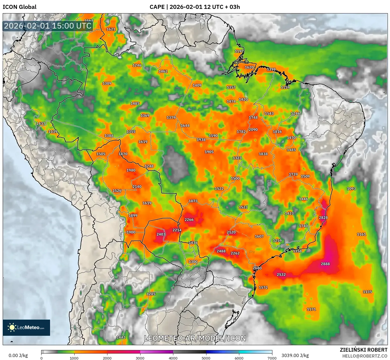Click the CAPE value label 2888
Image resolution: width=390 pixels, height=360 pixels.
click(325, 264)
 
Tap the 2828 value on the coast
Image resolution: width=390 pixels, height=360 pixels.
click(323, 218)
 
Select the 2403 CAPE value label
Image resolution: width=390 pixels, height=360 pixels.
click(161, 234)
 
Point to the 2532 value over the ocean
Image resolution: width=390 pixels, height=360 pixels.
click(281, 275)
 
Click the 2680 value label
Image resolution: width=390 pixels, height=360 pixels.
click(257, 268)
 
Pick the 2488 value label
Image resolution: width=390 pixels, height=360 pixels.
click(221, 251)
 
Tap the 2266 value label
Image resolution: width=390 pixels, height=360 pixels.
click(189, 220)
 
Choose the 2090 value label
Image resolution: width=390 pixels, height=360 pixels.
click(253, 130)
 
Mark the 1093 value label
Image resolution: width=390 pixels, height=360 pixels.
click(351, 189)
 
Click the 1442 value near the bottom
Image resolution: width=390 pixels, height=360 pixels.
click(121, 337)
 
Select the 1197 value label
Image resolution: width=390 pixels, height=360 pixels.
click(239, 51)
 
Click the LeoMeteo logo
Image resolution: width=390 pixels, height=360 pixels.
click(26, 327)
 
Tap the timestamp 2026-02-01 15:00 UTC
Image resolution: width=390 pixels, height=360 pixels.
click(48, 26)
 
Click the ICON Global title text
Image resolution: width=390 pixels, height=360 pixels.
click(19, 7)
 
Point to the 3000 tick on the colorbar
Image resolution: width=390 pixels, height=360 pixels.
click(140, 358)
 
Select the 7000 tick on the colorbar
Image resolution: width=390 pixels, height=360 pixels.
click(272, 358)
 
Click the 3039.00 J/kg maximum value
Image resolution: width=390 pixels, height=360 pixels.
click(295, 355)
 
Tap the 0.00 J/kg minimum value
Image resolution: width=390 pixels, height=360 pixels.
click(18, 355)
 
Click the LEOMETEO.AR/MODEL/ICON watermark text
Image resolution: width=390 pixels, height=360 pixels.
click(195, 338)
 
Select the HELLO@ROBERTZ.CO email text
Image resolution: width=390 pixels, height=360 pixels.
click(365, 356)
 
